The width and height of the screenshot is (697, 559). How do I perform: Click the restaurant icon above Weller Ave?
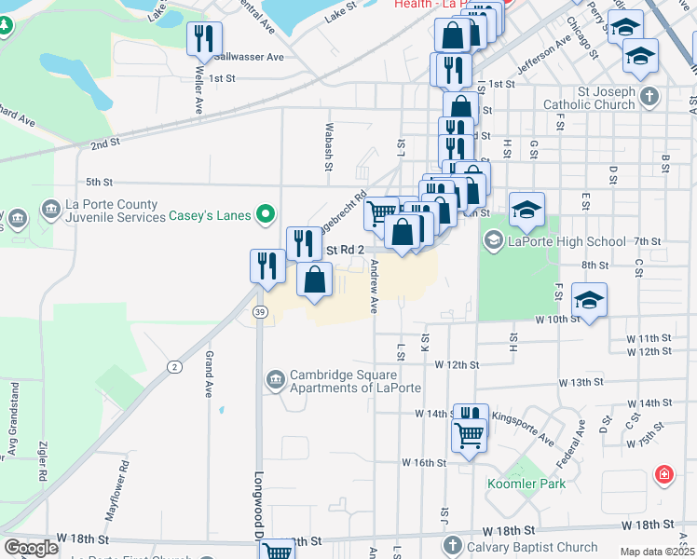pos(203,39)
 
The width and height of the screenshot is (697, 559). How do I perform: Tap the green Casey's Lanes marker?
pos(266,215)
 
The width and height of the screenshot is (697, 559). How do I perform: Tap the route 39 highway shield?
pos(260,312)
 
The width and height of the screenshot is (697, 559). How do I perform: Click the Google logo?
pos(32,548)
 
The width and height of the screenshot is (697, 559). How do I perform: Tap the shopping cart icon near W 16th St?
pos(469,434)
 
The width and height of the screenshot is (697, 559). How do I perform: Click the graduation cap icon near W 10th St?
pos(589,301)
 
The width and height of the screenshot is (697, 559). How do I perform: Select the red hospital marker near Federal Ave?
pos(663,475)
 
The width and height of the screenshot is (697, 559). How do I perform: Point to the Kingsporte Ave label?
pos(523,428)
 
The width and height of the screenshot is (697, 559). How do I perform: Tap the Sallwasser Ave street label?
pos(249,57)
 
